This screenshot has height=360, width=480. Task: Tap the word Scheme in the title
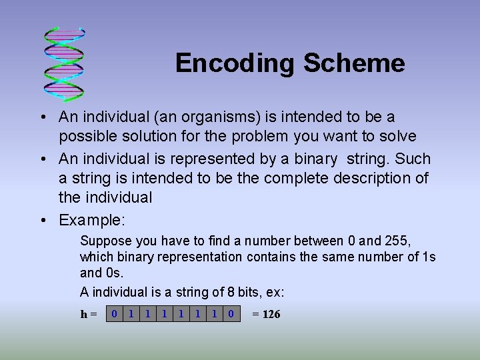pyautogui.click(x=353, y=63)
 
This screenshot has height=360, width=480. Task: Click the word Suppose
pyautogui.click(x=103, y=241)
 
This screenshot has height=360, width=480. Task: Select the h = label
pyautogui.click(x=89, y=314)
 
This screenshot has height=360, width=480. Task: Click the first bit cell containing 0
pyautogui.click(x=115, y=313)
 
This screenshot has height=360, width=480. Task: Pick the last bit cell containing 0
pyautogui.click(x=231, y=313)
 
